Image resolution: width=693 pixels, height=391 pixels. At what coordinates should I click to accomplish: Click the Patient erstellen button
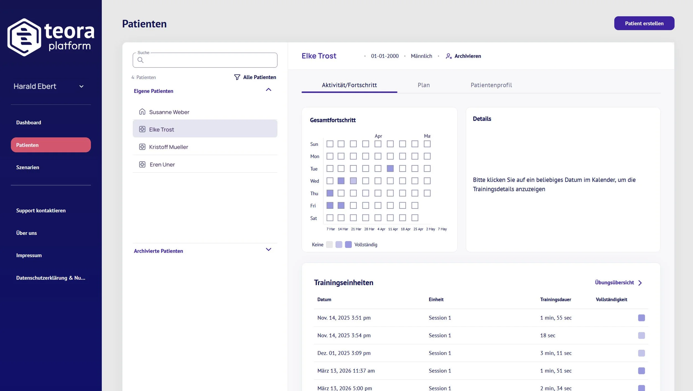[644, 23]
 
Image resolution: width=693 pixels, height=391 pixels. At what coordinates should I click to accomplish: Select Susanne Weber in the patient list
[169, 112]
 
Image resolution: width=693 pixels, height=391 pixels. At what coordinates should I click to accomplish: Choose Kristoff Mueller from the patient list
[169, 147]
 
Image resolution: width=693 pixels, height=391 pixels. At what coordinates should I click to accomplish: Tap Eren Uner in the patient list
[162, 164]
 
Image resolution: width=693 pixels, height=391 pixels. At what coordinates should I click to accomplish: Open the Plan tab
[424, 85]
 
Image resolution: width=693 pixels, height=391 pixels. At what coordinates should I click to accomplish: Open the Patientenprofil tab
[491, 85]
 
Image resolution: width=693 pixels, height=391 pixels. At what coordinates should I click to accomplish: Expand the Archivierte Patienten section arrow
[268, 249]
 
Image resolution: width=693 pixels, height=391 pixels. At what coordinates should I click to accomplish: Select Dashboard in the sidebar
[29, 123]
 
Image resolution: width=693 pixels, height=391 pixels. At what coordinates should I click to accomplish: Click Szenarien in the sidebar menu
[27, 167]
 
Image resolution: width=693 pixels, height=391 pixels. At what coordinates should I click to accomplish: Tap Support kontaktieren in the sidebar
[41, 210]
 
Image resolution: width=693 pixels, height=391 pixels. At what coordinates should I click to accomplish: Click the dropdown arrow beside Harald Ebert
[81, 87]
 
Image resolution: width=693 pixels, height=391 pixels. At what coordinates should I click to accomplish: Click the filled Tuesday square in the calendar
[390, 168]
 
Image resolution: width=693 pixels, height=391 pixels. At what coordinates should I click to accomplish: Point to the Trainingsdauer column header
[556, 299]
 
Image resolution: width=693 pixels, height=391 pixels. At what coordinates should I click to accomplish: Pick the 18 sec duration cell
[547, 335]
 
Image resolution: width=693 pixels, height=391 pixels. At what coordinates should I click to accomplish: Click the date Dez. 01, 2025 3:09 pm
[344, 353]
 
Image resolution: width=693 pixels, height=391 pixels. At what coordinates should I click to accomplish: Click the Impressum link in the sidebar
[29, 255]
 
